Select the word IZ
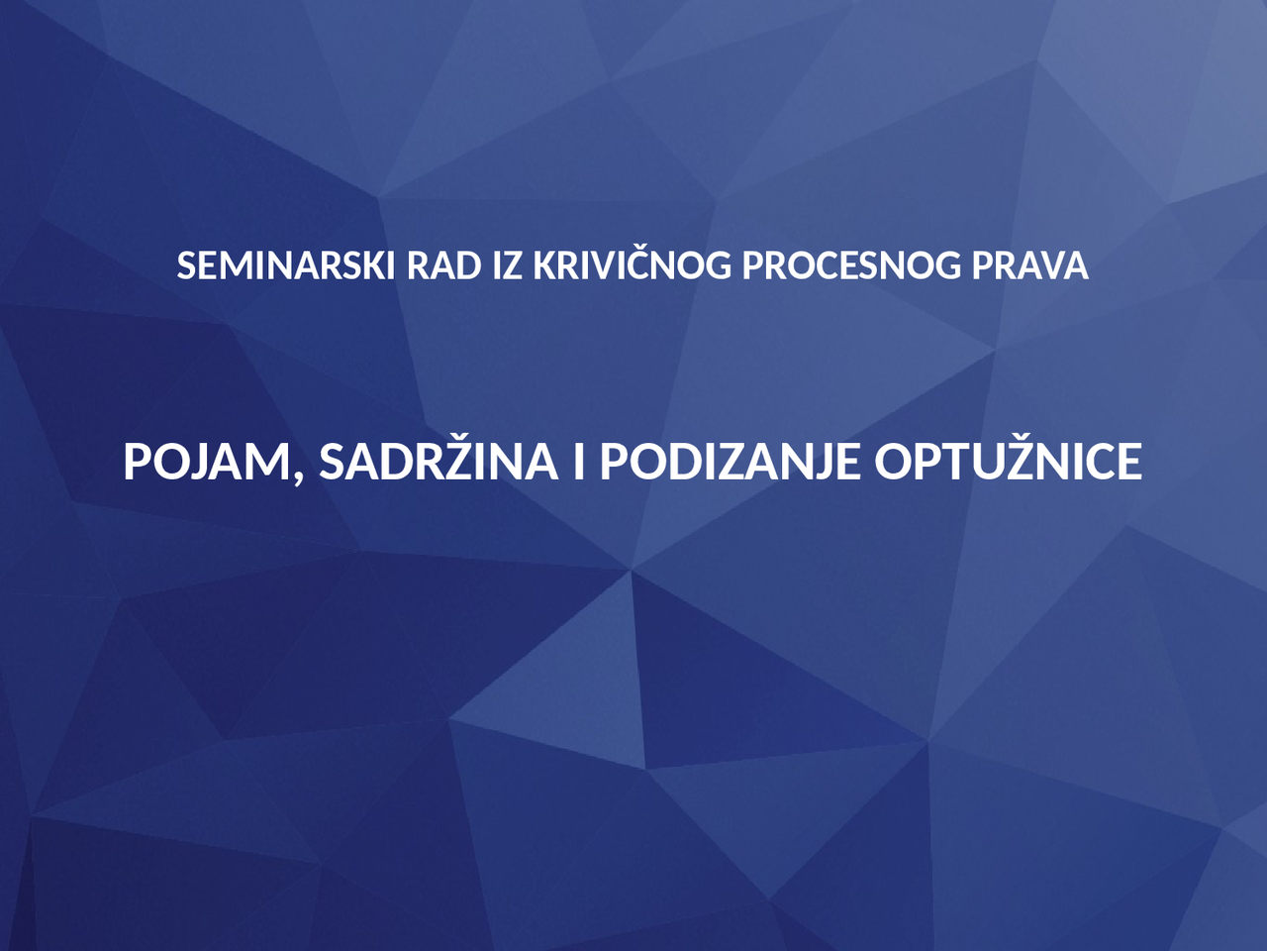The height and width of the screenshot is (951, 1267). (x=507, y=266)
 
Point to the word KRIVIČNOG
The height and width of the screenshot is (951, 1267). (x=633, y=266)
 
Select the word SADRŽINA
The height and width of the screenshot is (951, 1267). (x=438, y=462)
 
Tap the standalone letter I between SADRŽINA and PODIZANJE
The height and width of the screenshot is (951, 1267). (x=578, y=462)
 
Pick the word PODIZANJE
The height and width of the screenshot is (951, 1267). (x=730, y=462)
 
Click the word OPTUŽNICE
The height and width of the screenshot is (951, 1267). (x=1008, y=462)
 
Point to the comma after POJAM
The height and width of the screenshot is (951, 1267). (x=298, y=478)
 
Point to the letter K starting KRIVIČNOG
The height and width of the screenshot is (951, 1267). (x=543, y=266)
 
